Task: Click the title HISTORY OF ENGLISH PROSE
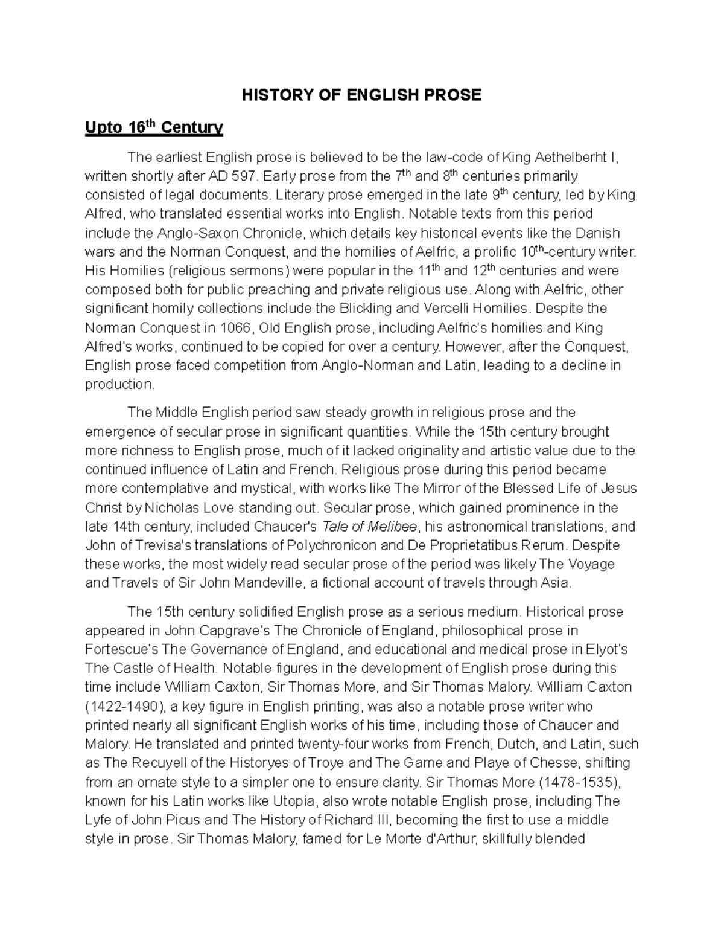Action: pos(361,95)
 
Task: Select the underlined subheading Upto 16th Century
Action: pos(154,128)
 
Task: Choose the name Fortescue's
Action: pos(121,650)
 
